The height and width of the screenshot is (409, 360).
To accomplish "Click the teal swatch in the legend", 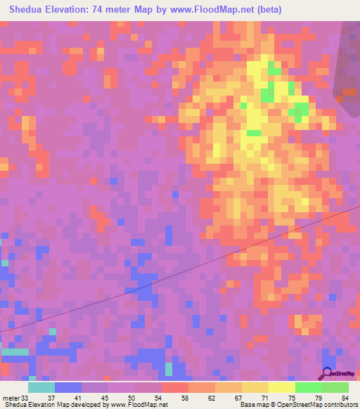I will click(41, 387).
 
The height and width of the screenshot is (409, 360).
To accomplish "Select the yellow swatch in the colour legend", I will click(281, 387).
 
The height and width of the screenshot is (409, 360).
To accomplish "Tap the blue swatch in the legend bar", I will click(68, 387).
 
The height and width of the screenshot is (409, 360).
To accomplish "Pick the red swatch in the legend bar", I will click(174, 387).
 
